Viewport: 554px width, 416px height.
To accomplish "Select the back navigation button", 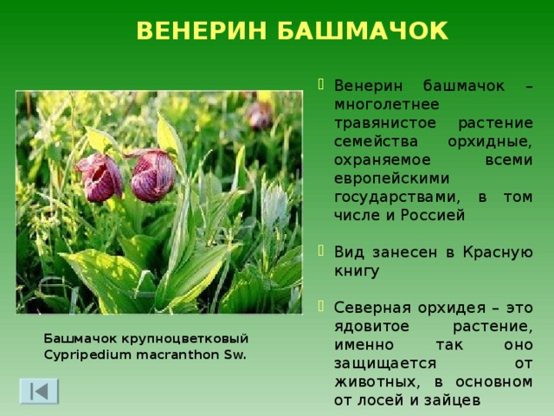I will tap(40, 390).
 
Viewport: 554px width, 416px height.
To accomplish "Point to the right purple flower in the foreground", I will tap(151, 174).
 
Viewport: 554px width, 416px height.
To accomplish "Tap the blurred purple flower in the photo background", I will tap(260, 114).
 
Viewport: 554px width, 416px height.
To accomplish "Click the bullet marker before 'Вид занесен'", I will tap(323, 252).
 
